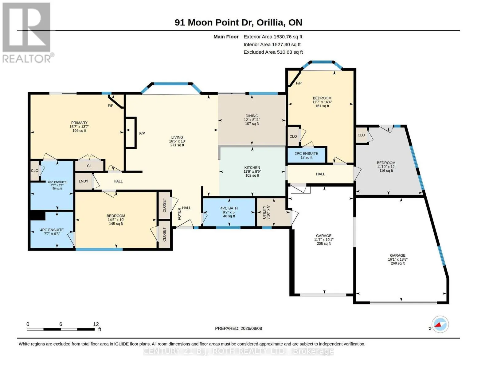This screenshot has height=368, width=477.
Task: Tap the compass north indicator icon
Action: pyautogui.click(x=440, y=324)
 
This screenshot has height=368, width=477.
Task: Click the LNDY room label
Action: pyautogui.click(x=84, y=181)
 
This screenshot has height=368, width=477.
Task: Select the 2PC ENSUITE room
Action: pyautogui.click(x=307, y=155)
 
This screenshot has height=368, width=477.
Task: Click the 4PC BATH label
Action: pyautogui.click(x=229, y=208)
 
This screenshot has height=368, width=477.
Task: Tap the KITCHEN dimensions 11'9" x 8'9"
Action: pyautogui.click(x=252, y=171)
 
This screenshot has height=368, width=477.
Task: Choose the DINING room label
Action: pyautogui.click(x=252, y=116)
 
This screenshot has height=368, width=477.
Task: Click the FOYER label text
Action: pyautogui.click(x=179, y=214)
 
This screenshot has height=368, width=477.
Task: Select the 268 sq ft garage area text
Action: pyautogui.click(x=397, y=263)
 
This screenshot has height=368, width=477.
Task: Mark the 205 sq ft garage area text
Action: pyautogui.click(x=323, y=243)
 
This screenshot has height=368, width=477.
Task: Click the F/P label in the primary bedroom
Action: pyautogui.click(x=111, y=105)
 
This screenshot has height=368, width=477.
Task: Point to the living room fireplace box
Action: pyautogui.click(x=131, y=133)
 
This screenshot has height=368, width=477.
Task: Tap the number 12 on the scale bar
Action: pyautogui.click(x=96, y=324)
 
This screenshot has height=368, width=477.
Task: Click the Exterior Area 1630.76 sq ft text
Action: pyautogui.click(x=273, y=36)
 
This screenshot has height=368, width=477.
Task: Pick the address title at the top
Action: pyautogui.click(x=238, y=22)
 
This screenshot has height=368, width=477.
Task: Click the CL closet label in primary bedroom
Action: pyautogui.click(x=89, y=166)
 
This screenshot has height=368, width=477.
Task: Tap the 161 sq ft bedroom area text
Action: pyautogui.click(x=322, y=106)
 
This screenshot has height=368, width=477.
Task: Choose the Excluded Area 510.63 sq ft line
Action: pyautogui.click(x=273, y=52)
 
